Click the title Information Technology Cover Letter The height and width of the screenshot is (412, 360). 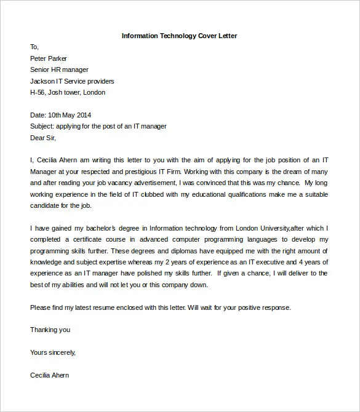(x=179, y=36)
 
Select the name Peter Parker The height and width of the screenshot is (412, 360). (x=49, y=58)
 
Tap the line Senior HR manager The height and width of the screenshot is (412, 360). (x=59, y=69)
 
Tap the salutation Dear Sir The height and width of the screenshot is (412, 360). (x=42, y=138)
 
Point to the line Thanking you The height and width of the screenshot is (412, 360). (x=50, y=330)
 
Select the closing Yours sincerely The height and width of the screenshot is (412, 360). (x=53, y=352)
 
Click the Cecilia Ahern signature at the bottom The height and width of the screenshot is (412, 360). (x=49, y=375)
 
